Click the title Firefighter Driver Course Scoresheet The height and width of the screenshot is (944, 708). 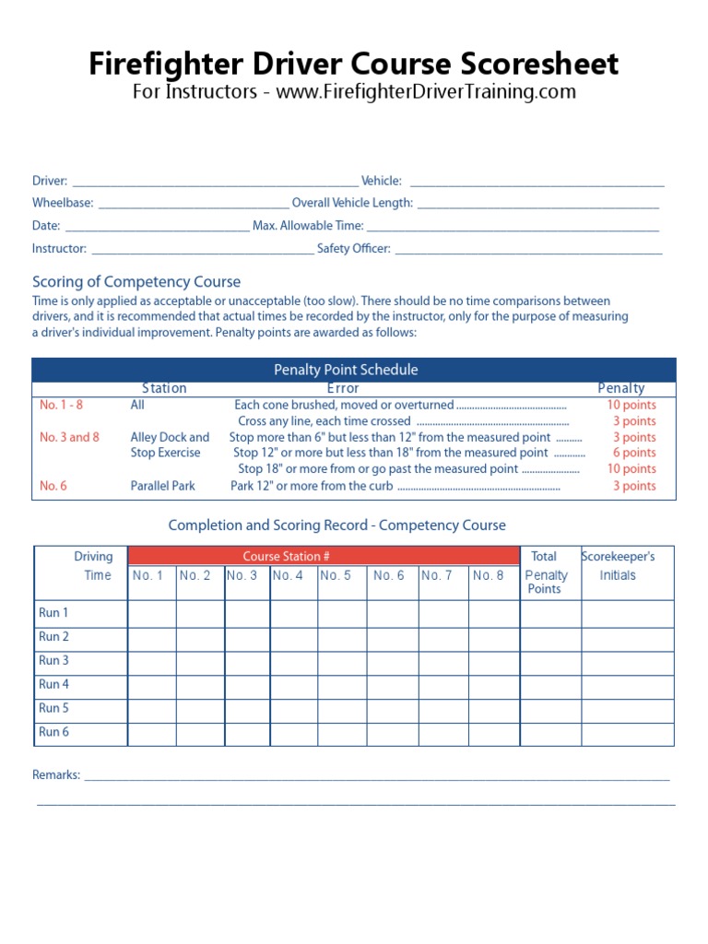(x=354, y=64)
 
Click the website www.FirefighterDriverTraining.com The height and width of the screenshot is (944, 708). (x=426, y=92)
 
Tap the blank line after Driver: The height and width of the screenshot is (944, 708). (x=215, y=182)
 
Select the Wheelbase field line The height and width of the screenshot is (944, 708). (x=193, y=204)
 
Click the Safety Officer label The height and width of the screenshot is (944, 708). (x=354, y=249)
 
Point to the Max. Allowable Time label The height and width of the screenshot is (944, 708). (x=308, y=226)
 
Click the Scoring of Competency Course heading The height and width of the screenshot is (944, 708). (x=136, y=282)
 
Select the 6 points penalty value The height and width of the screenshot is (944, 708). (x=634, y=453)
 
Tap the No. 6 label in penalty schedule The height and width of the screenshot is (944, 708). (x=53, y=486)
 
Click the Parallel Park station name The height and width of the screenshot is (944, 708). (x=163, y=486)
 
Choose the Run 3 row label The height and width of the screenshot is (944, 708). (x=53, y=661)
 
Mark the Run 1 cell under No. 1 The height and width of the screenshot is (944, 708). (x=151, y=613)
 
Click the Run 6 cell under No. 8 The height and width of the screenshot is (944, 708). (x=494, y=733)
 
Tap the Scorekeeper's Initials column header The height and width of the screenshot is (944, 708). (x=618, y=566)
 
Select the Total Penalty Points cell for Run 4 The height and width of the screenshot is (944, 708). (x=550, y=685)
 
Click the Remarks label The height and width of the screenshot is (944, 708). (x=56, y=775)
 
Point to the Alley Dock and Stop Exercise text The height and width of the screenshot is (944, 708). (x=170, y=445)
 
